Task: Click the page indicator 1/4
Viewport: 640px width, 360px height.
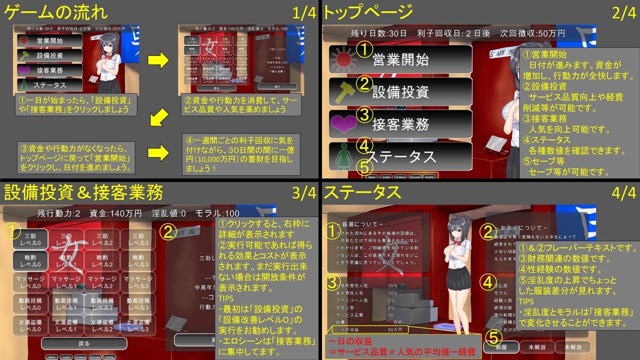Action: click(x=304, y=13)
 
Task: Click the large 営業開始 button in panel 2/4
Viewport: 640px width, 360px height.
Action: click(x=400, y=59)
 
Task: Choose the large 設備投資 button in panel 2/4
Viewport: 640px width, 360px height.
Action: click(x=400, y=91)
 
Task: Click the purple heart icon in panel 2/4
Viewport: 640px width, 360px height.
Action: click(x=343, y=123)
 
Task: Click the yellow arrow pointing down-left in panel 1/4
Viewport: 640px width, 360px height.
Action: click(x=158, y=119)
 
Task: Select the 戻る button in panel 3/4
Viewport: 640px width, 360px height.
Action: click(x=84, y=343)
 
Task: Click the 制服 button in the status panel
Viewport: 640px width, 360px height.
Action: click(x=501, y=346)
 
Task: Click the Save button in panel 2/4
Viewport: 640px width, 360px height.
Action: click(x=371, y=177)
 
